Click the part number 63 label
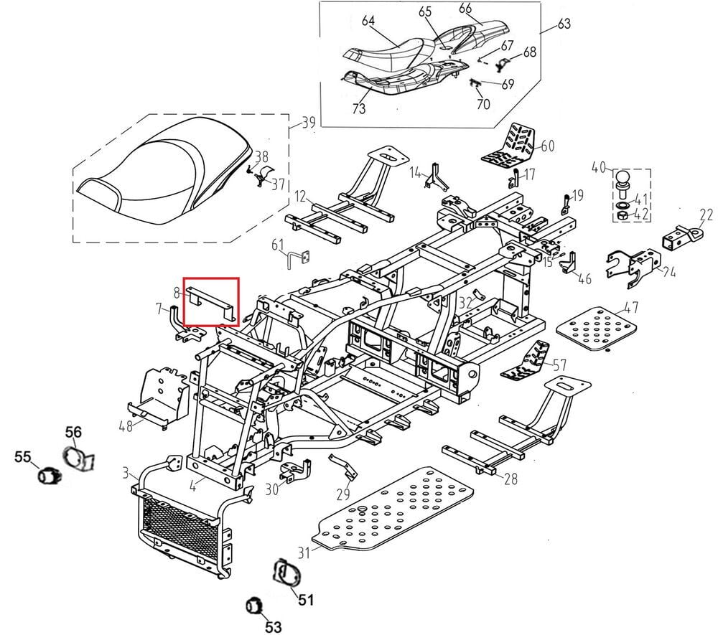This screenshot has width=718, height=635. point(564,24)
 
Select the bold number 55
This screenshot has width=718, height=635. point(23,456)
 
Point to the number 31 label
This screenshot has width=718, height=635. point(304,552)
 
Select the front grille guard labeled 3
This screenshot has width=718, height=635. point(182,517)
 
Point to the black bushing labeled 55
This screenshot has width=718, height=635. point(47,475)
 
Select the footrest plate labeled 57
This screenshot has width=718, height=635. point(530,362)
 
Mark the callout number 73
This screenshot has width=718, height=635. point(358,108)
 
